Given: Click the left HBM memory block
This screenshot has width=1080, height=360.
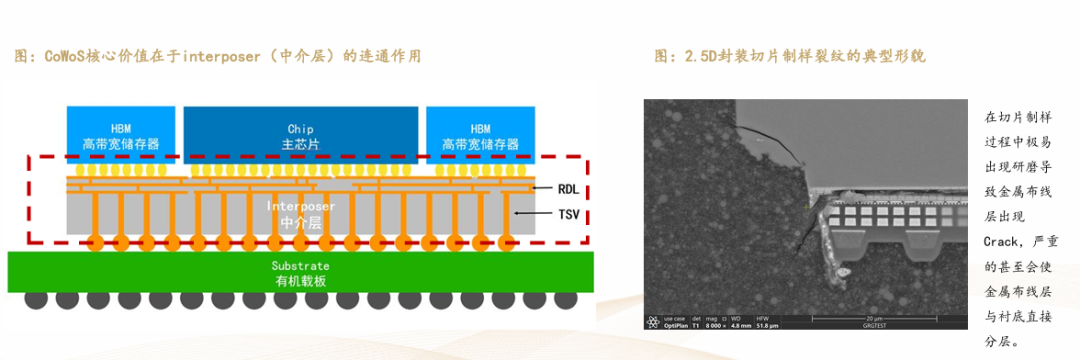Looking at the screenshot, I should [121, 135].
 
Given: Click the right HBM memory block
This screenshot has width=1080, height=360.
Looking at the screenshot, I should [481, 135].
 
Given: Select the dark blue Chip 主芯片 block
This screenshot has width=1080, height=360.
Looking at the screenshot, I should [300, 135].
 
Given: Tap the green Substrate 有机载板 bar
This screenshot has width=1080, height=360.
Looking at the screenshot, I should [300, 272].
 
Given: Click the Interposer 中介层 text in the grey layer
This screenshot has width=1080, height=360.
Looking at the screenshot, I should [300, 213].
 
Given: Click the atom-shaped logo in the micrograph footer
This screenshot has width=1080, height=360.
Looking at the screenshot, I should [652, 321].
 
